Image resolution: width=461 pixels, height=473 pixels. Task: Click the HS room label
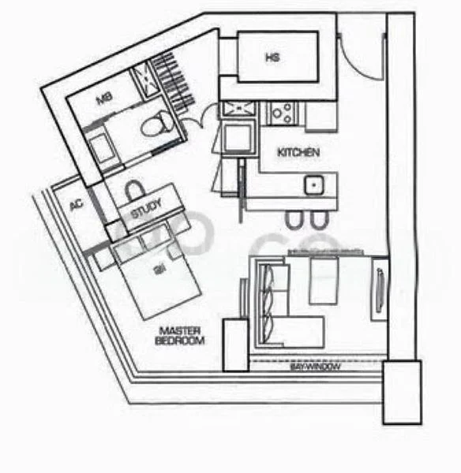click(272, 58)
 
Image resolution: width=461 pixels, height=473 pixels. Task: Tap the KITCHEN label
click(298, 152)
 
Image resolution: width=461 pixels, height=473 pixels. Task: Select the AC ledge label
click(77, 205)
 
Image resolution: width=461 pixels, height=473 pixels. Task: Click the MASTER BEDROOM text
click(180, 336)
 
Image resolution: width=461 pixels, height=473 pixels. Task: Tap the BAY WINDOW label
click(314, 367)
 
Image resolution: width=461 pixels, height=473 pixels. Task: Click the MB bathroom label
click(104, 99)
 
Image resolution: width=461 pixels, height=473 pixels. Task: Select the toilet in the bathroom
click(157, 122)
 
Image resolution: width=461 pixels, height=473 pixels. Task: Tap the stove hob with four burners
click(281, 114)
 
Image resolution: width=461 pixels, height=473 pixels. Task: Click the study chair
click(133, 190)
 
